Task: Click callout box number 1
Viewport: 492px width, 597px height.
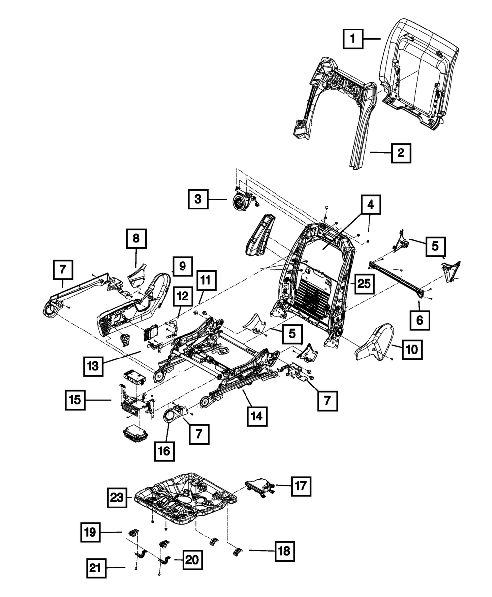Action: (x=353, y=38)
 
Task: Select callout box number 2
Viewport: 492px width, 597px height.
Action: (x=401, y=153)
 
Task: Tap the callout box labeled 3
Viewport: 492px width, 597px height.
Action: (x=198, y=199)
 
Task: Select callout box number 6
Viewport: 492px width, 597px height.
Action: (x=420, y=321)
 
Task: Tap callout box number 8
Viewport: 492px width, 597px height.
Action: (x=136, y=239)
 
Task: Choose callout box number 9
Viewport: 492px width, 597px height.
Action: (x=182, y=267)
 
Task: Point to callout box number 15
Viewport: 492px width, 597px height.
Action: (x=75, y=400)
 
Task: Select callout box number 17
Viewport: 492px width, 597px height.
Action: (x=301, y=486)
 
